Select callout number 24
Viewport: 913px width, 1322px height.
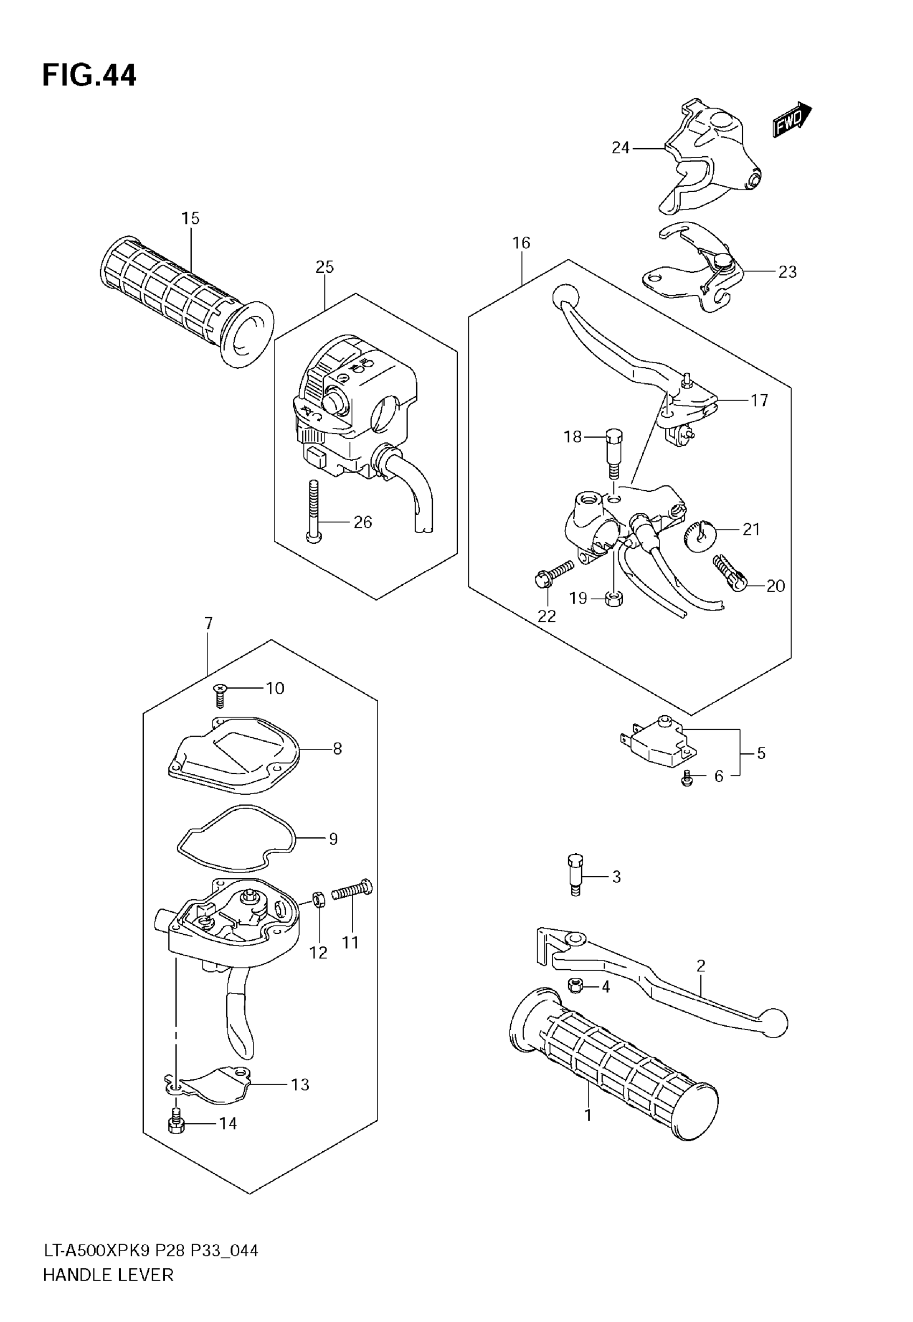point(620,148)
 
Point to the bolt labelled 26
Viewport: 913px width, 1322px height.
point(313,510)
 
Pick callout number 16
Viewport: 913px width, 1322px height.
point(521,243)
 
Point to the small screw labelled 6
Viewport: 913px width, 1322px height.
point(687,779)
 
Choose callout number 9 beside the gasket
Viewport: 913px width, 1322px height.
point(333,839)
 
